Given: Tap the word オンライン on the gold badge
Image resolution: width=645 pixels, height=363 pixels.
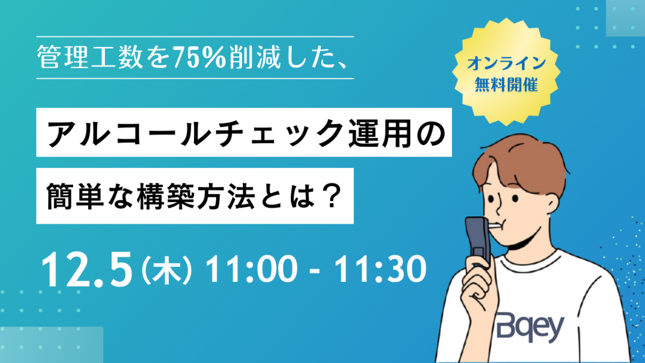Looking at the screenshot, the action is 506,63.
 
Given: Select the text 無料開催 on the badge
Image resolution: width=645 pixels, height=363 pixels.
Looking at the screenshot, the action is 506,84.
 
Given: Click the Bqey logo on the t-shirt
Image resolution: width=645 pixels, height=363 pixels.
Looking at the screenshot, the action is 530,328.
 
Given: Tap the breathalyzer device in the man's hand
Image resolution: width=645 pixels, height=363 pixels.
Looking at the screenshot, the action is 478,241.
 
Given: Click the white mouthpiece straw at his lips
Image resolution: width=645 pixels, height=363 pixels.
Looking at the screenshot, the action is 496,227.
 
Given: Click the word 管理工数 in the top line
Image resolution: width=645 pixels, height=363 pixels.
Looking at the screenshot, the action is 90,58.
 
